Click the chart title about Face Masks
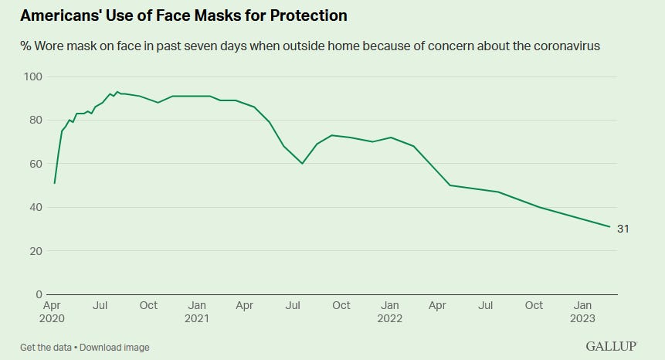(183, 15)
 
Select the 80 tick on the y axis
(35, 120)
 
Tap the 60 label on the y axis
(35, 164)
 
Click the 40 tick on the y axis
(35, 207)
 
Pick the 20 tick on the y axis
(35, 251)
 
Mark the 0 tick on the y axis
(38, 294)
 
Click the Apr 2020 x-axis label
(52, 311)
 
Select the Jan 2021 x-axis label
(197, 311)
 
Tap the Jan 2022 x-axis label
(390, 311)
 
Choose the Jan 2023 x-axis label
(583, 311)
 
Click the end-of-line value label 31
(623, 229)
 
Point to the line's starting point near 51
(54, 183)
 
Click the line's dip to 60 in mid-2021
(302, 163)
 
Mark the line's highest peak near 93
(117, 92)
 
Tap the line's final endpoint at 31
(610, 226)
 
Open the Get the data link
(49, 347)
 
